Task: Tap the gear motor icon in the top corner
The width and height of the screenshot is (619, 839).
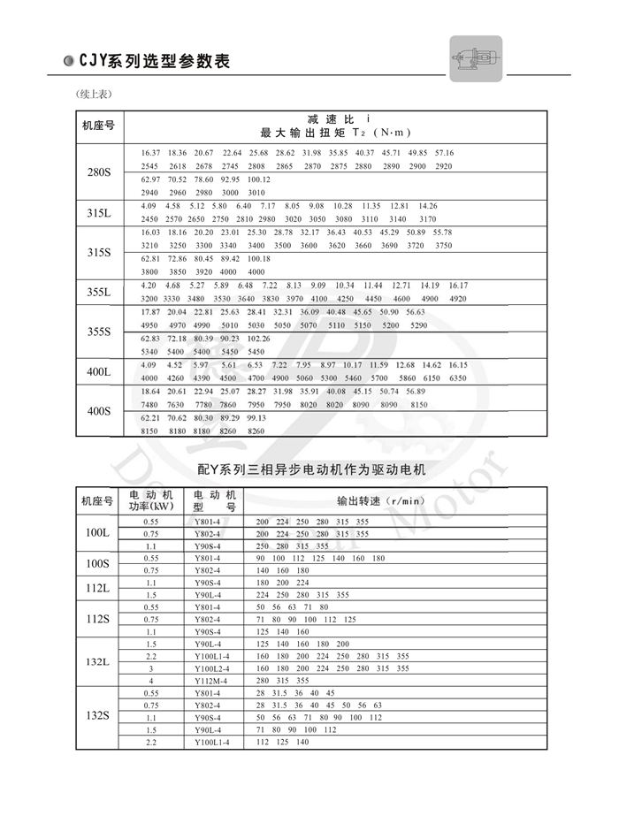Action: click(476, 59)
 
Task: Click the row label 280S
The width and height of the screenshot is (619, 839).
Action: click(99, 171)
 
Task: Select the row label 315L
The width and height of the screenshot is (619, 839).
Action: click(99, 212)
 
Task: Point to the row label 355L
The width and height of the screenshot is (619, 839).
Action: click(99, 292)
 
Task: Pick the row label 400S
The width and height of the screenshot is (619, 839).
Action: click(99, 411)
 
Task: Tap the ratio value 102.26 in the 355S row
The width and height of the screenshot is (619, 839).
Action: click(259, 338)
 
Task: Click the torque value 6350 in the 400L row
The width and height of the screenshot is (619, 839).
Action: click(457, 378)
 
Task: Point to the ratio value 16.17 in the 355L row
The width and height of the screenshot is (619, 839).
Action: click(457, 285)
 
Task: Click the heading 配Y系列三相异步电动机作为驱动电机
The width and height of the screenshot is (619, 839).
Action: click(310, 470)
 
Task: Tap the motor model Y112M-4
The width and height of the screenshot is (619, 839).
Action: click(211, 681)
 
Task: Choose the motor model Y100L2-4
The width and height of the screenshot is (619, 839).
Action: click(211, 668)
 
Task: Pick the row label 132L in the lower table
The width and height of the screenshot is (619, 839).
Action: click(97, 662)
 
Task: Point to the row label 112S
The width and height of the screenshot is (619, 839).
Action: click(97, 620)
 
